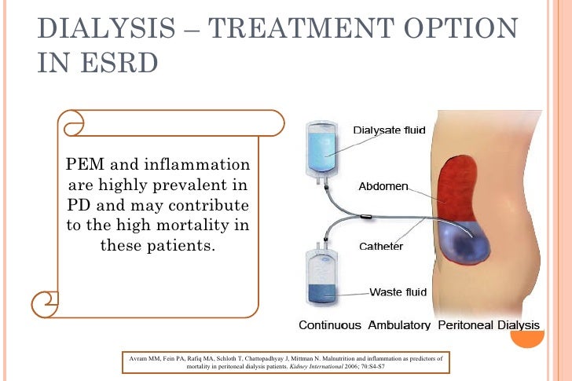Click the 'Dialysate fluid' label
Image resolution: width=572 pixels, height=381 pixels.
390,130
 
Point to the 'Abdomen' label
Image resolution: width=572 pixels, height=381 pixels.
383,187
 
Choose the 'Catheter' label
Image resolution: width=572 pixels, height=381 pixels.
381,246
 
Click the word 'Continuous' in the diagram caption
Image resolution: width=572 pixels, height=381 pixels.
330,324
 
